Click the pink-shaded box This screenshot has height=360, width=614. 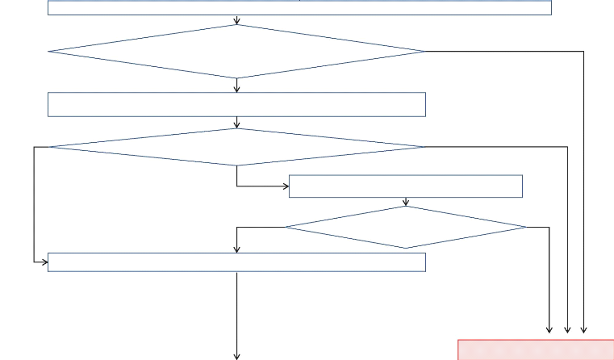[536, 350]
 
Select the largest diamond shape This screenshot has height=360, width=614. [236, 52]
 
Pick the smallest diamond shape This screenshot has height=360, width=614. [405, 227]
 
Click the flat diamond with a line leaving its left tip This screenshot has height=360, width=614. [236, 147]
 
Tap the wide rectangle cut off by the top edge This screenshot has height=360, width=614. [299, 7]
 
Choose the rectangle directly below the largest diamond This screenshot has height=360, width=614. [236, 105]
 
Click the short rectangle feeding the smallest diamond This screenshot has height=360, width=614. [405, 186]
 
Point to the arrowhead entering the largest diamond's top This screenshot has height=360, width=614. [236, 21]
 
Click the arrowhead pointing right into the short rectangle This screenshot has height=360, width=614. [285, 186]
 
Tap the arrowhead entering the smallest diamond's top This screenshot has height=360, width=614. [405, 203]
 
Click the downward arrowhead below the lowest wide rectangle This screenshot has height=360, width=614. [236, 355]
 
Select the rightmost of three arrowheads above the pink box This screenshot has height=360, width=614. [583, 329]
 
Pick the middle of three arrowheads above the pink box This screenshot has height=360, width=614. [567, 329]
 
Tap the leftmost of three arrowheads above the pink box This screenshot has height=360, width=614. [550, 329]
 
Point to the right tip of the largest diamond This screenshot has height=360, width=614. [424, 52]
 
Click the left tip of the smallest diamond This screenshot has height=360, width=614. [286, 227]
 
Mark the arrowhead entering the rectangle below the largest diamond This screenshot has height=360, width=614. [236, 89]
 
